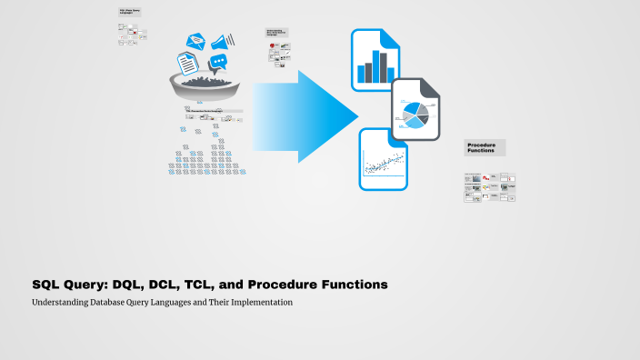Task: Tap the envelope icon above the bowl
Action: click(x=196, y=41)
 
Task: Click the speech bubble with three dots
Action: click(x=218, y=64)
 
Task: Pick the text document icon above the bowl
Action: click(x=187, y=64)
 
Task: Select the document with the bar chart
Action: click(x=375, y=60)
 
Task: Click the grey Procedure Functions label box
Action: click(x=484, y=148)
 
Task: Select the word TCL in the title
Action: click(x=205, y=285)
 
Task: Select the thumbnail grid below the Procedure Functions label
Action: click(x=489, y=188)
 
